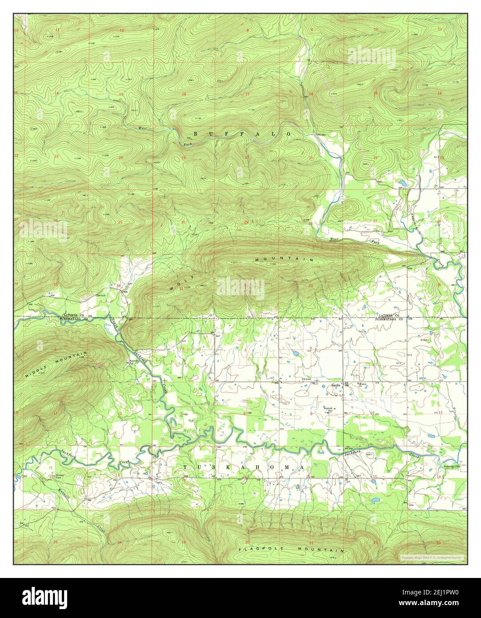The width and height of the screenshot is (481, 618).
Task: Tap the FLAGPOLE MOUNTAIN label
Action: tap(291, 550)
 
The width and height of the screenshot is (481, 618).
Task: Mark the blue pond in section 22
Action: tap(402, 183)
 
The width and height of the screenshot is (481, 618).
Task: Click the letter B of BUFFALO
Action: tap(196, 133)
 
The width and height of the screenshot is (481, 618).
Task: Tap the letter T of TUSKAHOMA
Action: tap(186, 467)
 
